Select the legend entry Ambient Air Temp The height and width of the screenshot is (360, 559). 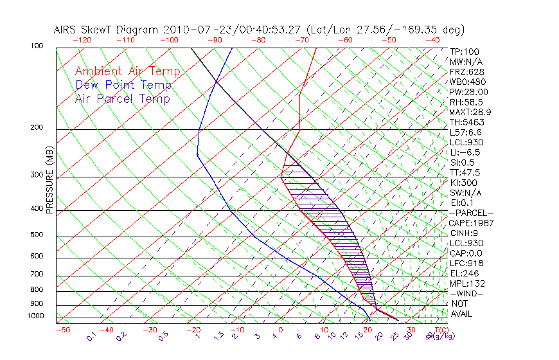pos(127,71)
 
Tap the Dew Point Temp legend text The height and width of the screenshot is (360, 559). pos(123,85)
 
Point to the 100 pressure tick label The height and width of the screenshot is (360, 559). pos(37,46)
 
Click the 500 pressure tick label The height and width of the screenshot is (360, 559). pos(37,235)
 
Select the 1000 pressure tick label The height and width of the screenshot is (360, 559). pos(35,316)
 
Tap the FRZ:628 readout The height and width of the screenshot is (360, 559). pos(465,72)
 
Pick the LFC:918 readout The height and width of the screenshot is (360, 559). pos(466,263)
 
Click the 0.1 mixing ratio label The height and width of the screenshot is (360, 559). pos(91,336)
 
